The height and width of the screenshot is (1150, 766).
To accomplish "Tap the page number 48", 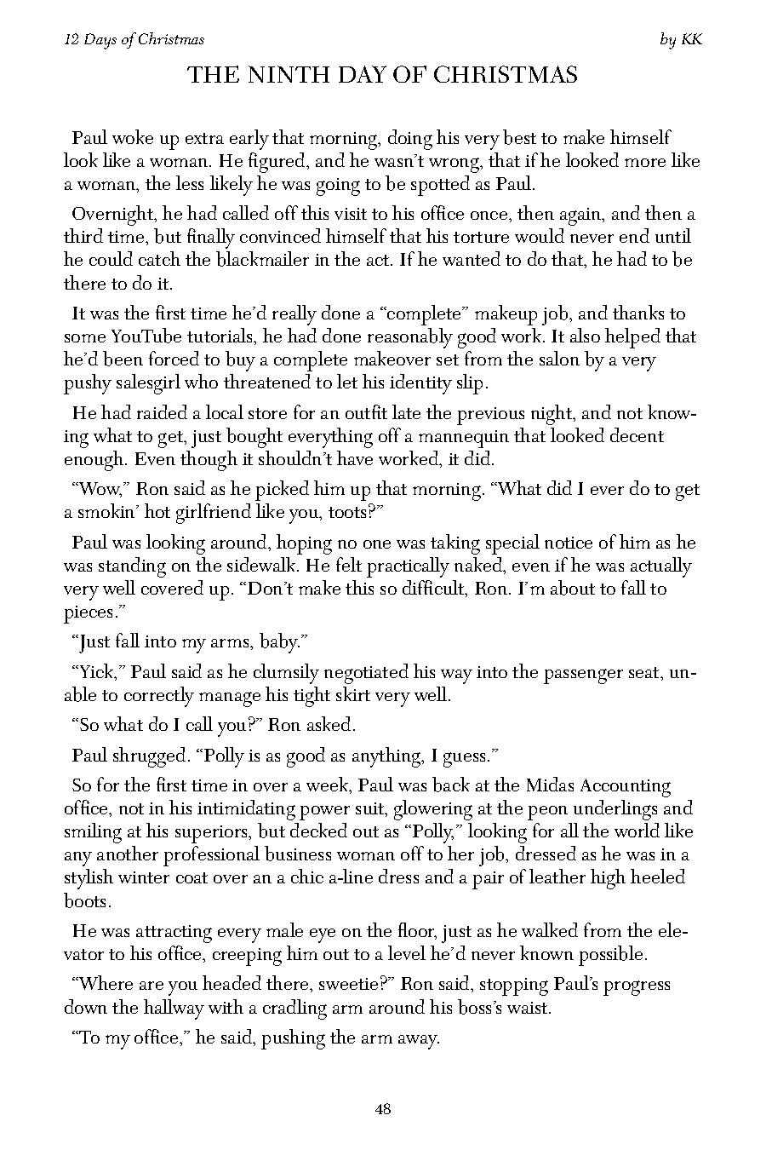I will [x=382, y=1109].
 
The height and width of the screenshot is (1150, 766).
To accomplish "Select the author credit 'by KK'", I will [x=681, y=39].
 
